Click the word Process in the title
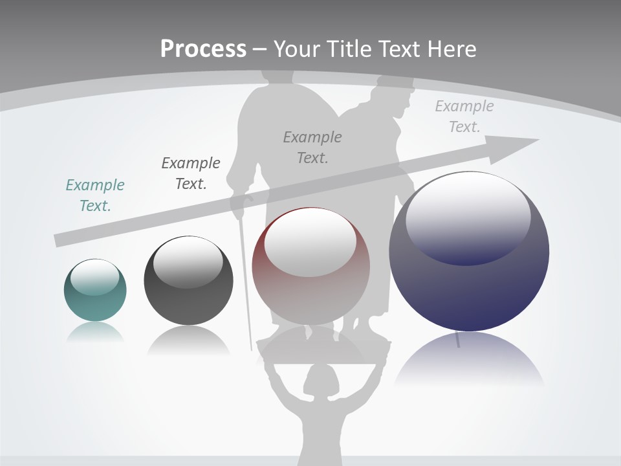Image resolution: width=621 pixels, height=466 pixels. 203,49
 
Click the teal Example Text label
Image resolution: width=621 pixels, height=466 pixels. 95,195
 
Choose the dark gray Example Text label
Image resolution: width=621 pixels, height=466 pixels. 191,173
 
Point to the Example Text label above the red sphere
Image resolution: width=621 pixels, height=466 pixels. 312,147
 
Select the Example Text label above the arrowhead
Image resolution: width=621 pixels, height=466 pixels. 464,116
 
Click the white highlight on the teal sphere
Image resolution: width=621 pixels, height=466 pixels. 95,276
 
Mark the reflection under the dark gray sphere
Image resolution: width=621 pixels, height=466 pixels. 188,341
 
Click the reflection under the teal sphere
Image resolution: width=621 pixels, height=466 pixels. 95,331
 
